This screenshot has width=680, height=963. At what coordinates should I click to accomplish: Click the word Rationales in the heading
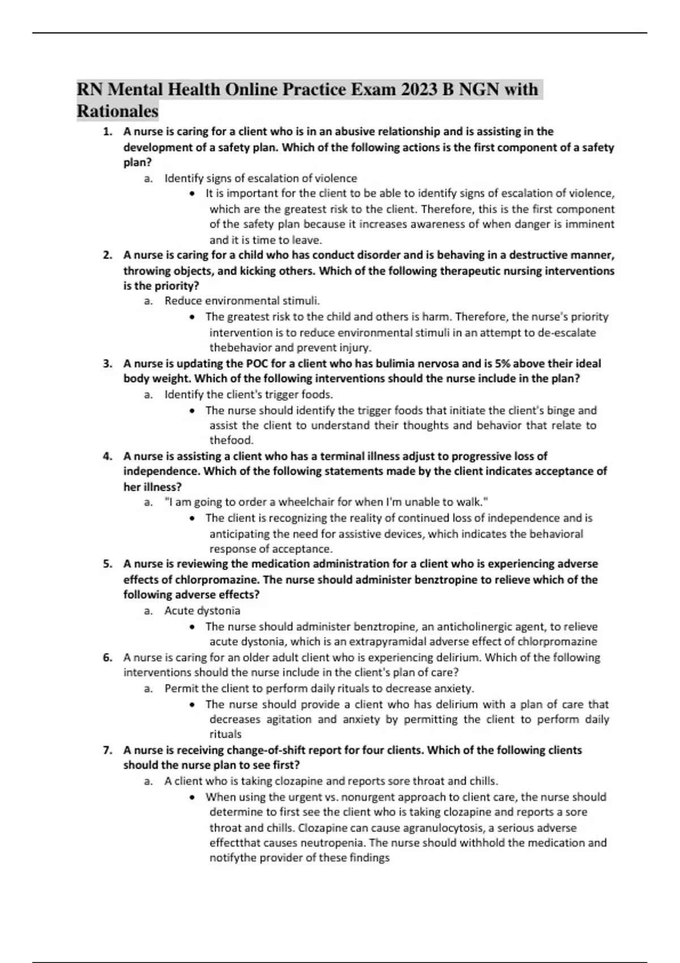pos(117,111)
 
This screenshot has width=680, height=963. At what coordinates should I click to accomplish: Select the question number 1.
pos(107,132)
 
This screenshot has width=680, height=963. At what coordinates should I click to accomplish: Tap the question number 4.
pos(107,457)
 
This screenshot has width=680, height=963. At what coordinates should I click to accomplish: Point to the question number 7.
pos(107,751)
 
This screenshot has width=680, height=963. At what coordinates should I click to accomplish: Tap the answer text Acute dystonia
pos(202,611)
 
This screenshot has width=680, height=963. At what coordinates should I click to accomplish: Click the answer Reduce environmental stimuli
pos(242,301)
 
